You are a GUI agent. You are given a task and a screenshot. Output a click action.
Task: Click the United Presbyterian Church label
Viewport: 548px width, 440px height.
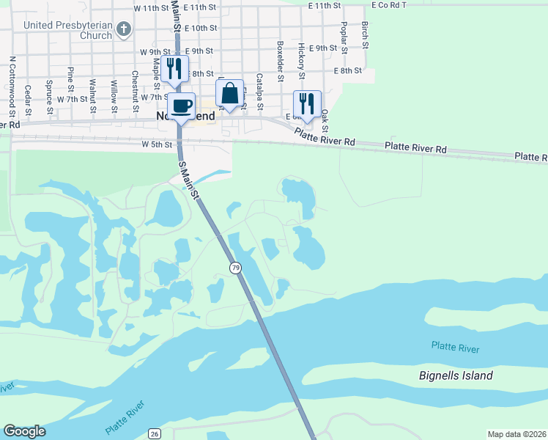[x=68, y=29]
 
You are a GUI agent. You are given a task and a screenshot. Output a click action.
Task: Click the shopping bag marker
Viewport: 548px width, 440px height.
[x=229, y=95]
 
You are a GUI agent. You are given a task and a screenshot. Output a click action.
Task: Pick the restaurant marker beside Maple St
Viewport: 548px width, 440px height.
[x=174, y=70]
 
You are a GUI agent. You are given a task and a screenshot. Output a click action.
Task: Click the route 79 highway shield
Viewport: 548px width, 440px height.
[x=235, y=268]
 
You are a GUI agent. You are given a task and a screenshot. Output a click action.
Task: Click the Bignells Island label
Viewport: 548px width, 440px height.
[x=456, y=375]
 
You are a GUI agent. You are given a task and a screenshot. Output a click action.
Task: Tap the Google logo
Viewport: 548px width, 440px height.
[x=24, y=431]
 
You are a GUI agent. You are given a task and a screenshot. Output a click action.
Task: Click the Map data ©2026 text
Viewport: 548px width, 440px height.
[x=516, y=434]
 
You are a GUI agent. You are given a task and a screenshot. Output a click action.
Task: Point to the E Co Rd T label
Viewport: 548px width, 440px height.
[x=389, y=5]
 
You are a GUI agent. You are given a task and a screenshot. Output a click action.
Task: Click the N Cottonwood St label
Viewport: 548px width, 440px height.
[x=12, y=87]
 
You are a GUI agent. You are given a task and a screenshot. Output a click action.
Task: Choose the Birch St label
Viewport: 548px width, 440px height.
[x=364, y=32]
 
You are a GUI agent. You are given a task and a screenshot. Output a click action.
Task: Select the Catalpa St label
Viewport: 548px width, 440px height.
[x=259, y=88]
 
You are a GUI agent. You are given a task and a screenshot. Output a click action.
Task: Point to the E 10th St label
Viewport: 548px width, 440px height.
[x=201, y=28]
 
